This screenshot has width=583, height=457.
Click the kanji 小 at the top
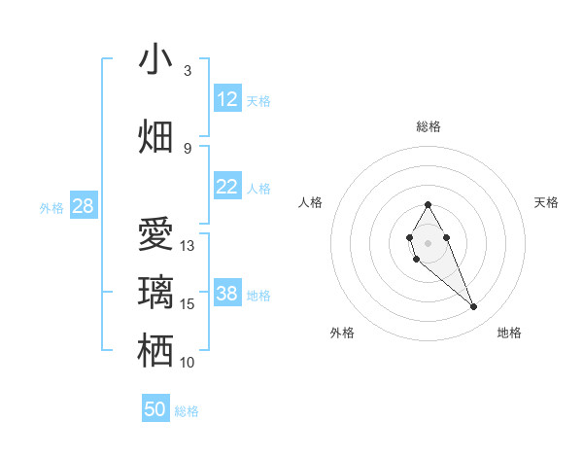click(x=155, y=59)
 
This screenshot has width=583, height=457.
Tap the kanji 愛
click(x=155, y=235)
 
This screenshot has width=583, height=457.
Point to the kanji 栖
click(x=155, y=350)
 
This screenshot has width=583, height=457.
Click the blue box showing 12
click(x=227, y=99)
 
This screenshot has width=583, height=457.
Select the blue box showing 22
click(x=227, y=187)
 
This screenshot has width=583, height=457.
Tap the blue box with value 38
click(x=227, y=294)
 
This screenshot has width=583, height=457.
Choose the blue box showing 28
click(x=83, y=206)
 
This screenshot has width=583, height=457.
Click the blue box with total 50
click(x=155, y=409)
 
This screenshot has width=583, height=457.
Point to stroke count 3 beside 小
click(x=187, y=71)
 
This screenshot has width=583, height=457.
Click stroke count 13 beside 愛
click(x=188, y=246)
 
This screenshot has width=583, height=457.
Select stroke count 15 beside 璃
click(x=188, y=304)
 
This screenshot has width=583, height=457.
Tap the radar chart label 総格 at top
click(x=428, y=126)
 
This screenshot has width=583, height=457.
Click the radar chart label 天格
click(x=546, y=202)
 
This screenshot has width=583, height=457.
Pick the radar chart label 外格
click(x=342, y=333)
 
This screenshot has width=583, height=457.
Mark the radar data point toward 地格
click(x=473, y=307)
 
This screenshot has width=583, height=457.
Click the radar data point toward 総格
click(x=428, y=204)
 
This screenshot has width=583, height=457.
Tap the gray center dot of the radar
click(x=428, y=241)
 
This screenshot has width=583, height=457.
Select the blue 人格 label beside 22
click(x=258, y=188)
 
